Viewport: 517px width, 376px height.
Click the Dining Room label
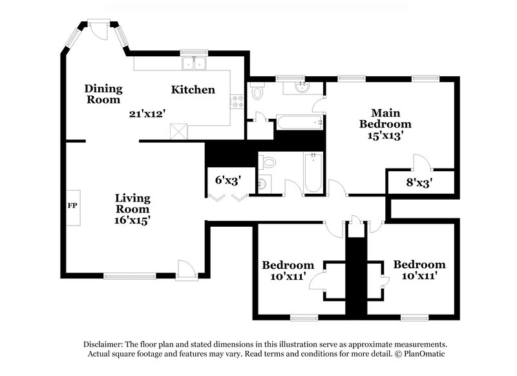(103, 94)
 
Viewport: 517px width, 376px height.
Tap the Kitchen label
(193, 90)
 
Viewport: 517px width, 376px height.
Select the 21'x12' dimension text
(147, 114)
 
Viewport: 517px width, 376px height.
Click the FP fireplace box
(72, 207)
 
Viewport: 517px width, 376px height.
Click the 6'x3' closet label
(227, 180)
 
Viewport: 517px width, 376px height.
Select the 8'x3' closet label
(419, 182)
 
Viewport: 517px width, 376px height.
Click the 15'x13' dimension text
(386, 136)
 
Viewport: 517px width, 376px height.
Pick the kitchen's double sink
(193, 63)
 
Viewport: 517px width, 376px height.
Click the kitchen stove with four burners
(237, 101)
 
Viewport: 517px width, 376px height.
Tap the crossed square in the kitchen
(178, 131)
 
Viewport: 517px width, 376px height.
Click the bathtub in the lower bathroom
(312, 172)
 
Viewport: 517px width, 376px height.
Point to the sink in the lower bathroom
(262, 183)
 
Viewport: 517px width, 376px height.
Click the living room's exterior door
(185, 270)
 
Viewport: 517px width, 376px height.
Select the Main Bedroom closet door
(418, 163)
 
